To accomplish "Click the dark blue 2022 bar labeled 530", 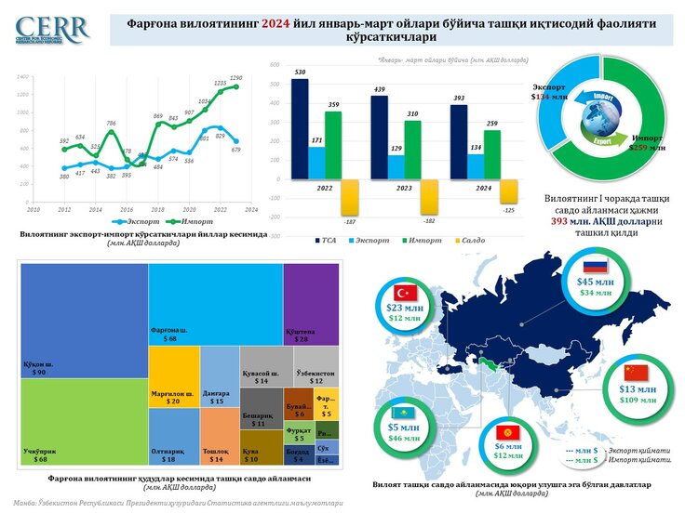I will (x=300, y=130).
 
